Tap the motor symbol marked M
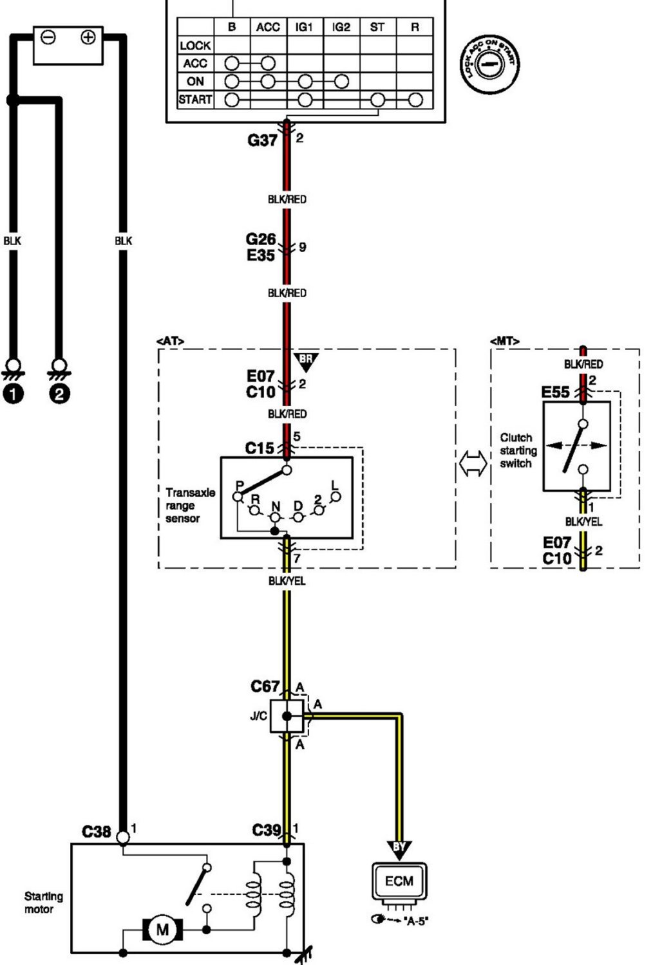163,929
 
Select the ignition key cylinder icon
491,64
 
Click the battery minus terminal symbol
48,37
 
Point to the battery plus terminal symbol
88,37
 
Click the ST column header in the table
377,27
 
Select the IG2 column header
341,27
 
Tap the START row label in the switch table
195,100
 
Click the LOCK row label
195,46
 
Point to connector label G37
262,140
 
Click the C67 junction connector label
264,686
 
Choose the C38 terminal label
97,832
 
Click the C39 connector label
267,831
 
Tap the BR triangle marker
306,361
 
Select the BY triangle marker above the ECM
399,848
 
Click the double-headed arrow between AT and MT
473,463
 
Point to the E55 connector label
556,392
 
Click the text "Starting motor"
43,903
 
